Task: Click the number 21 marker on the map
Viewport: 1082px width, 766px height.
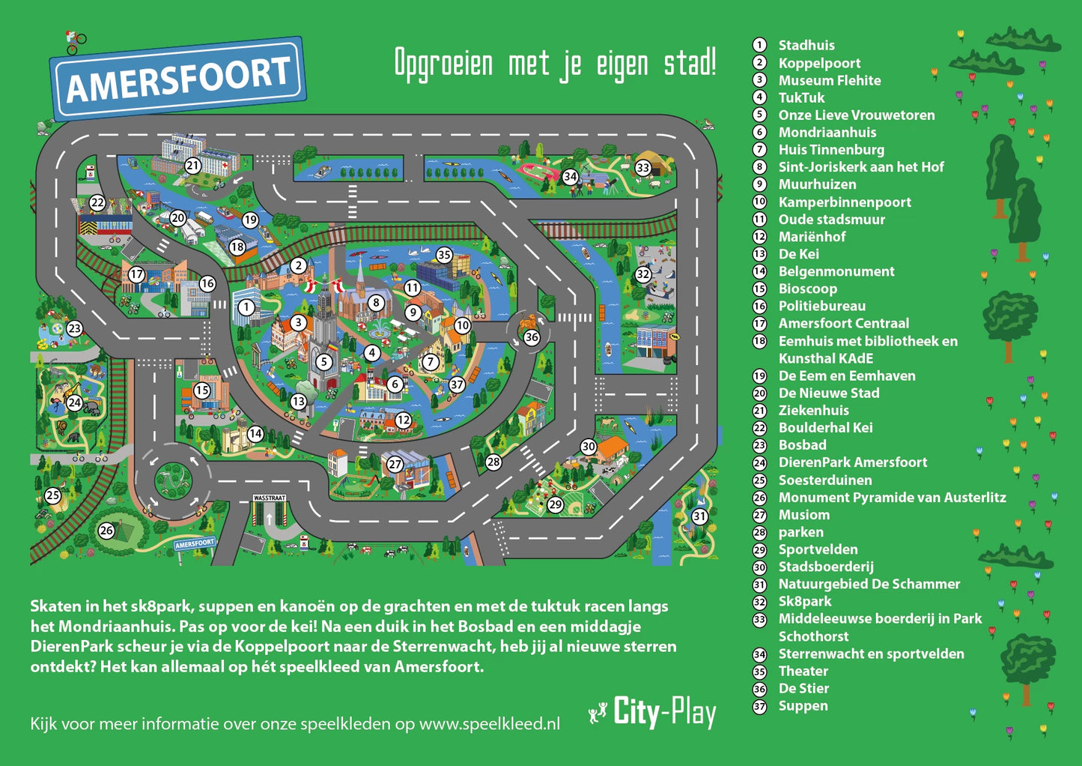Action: pyautogui.click(x=193, y=166)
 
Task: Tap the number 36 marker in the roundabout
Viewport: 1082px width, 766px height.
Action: pyautogui.click(x=532, y=337)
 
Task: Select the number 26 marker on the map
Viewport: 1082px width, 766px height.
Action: pyautogui.click(x=106, y=531)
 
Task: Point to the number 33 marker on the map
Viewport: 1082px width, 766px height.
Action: pyautogui.click(x=643, y=167)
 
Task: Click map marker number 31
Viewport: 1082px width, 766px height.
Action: pyautogui.click(x=699, y=516)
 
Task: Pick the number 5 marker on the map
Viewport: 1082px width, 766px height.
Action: pyautogui.click(x=323, y=362)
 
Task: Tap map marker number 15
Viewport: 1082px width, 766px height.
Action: pyautogui.click(x=202, y=390)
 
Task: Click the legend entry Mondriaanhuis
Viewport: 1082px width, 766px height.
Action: pyautogui.click(x=827, y=133)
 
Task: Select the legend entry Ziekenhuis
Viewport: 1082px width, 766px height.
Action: pyautogui.click(x=813, y=411)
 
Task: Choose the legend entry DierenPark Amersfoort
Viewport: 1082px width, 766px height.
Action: pyautogui.click(x=852, y=462)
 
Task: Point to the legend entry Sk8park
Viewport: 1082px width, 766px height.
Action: pyautogui.click(x=804, y=601)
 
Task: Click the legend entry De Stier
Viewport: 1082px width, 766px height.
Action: pyautogui.click(x=803, y=688)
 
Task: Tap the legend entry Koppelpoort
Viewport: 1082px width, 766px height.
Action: pyautogui.click(x=819, y=63)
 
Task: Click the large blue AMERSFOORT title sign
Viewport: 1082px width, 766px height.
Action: pyautogui.click(x=177, y=79)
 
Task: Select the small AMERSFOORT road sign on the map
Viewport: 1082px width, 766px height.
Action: pyautogui.click(x=195, y=543)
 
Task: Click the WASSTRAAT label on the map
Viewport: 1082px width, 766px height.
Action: pyautogui.click(x=270, y=498)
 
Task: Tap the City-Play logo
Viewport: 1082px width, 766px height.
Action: pyautogui.click(x=653, y=712)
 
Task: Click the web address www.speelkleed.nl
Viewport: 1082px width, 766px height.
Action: pyautogui.click(x=489, y=724)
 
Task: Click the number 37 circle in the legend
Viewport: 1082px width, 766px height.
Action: pyautogui.click(x=759, y=706)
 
